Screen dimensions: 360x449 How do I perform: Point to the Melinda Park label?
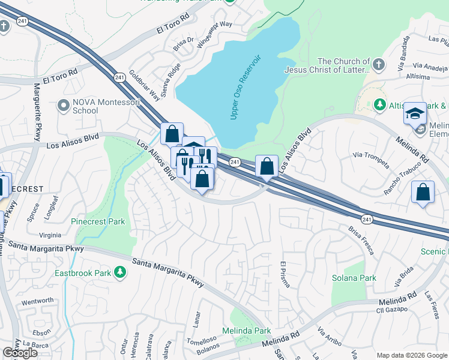click(x=246, y=331)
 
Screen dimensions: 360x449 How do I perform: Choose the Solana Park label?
click(x=354, y=278)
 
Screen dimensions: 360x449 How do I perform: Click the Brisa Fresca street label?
click(x=361, y=240)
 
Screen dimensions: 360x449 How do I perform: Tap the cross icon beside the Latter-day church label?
click(x=379, y=64)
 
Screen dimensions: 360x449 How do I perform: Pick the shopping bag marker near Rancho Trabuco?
click(x=423, y=193)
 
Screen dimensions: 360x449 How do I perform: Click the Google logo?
click(x=20, y=353)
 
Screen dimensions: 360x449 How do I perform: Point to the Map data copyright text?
click(x=411, y=355)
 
